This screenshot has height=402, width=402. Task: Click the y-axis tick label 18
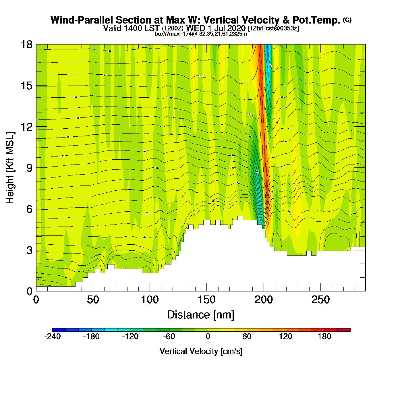tap(26, 45)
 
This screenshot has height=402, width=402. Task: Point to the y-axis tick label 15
tap(26, 86)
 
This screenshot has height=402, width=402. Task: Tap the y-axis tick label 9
tap(29, 168)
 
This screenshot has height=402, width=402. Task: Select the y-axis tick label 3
tap(29, 250)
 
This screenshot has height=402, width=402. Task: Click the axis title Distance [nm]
tap(201, 315)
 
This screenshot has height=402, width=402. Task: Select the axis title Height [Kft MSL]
tap(10, 168)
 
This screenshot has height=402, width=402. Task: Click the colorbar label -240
tap(52, 337)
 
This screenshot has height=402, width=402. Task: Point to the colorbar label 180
tap(324, 337)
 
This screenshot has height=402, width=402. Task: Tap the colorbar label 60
tap(247, 337)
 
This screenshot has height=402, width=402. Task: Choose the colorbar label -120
tap(130, 337)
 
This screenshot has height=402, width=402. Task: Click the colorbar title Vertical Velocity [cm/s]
tap(201, 351)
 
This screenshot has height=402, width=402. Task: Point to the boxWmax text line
tap(201, 34)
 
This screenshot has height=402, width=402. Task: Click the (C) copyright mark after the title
tap(347, 20)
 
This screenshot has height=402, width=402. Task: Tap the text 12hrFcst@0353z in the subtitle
tap(273, 28)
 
